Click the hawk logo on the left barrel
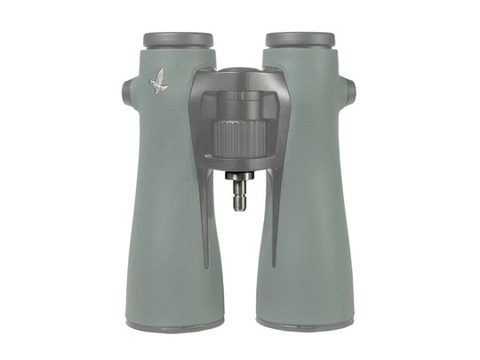tap(159, 81)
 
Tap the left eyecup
tap(178, 40)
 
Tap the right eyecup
tap(300, 40)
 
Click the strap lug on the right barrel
tap(352, 91)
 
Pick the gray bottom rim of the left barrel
tap(174, 325)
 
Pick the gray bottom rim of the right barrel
tap(305, 325)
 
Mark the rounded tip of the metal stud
tap(240, 206)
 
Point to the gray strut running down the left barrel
tap(204, 222)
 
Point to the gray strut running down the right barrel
tap(275, 222)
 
